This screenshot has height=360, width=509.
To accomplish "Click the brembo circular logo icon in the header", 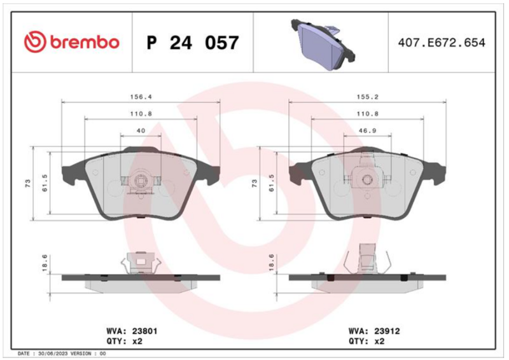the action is [35, 42].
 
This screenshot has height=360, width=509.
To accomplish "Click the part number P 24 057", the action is [193, 43].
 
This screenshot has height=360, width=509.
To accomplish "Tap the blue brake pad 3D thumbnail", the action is [324, 44].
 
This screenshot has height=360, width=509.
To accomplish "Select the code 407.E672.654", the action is [442, 43].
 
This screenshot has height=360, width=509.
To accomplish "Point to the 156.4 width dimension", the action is [141, 97].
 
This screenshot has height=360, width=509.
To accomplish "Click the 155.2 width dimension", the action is [368, 97].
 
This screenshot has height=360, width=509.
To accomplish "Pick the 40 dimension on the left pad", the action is [141, 130].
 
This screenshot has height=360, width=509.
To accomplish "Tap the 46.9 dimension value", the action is [368, 130].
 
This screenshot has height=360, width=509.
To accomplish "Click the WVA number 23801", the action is [144, 331].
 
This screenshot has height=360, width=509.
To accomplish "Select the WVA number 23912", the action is [387, 331].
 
